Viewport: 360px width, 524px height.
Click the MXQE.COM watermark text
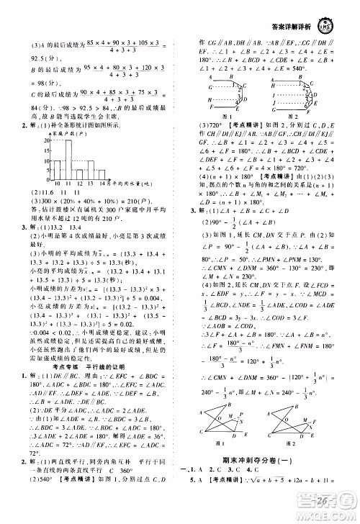click(329, 517)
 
